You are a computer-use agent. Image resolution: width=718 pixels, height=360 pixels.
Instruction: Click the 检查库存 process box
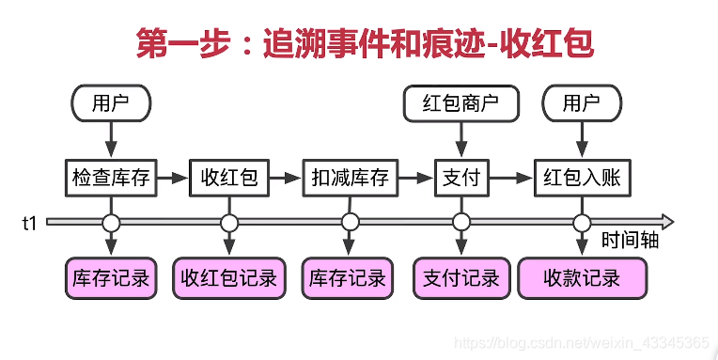tap(111, 177)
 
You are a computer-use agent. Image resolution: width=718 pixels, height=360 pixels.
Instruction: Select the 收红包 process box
tap(229, 177)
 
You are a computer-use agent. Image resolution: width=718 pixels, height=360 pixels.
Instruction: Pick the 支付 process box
tap(460, 177)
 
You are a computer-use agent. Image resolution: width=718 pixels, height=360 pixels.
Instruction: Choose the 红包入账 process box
tap(582, 177)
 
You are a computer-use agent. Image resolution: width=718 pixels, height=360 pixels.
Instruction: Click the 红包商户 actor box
tap(460, 103)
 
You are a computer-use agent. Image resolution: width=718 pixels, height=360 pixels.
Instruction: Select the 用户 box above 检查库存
tap(111, 103)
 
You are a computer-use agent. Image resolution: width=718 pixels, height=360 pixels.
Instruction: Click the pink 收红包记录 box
tap(229, 278)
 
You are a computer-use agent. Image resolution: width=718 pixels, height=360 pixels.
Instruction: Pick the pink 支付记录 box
tap(460, 278)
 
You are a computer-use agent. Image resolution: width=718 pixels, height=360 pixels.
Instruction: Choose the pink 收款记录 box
tap(582, 278)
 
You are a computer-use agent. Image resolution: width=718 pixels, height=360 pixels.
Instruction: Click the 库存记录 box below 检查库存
tap(111, 278)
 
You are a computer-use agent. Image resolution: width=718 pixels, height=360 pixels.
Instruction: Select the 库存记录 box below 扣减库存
tap(349, 278)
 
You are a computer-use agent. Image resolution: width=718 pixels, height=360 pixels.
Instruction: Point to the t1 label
tap(30, 223)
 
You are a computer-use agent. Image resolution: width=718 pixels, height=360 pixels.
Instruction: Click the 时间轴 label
tap(629, 241)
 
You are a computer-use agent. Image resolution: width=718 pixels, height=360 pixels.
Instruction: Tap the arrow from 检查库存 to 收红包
tap(173, 177)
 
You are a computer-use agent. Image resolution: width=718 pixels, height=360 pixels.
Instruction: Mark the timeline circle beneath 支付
tap(460, 223)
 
